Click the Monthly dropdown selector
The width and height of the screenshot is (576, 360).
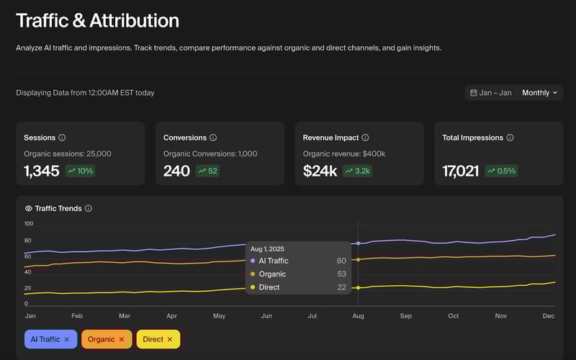[x=540, y=93]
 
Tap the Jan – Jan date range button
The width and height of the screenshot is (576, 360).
[x=491, y=93]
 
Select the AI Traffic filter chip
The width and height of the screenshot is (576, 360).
[x=50, y=339]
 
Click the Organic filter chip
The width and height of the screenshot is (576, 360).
[x=107, y=339]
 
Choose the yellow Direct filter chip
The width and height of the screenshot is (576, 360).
[x=158, y=339]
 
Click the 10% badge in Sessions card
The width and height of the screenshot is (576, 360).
[x=80, y=171]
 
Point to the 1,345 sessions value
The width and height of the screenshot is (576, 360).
[x=41, y=171]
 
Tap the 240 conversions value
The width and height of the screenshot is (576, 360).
[x=176, y=171]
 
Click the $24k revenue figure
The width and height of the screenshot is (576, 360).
[x=320, y=171]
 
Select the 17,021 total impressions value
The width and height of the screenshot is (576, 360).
[x=460, y=171]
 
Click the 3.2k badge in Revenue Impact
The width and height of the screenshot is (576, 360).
[x=358, y=171]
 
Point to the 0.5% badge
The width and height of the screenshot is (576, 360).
[x=502, y=171]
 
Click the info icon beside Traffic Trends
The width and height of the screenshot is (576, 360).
[x=89, y=209]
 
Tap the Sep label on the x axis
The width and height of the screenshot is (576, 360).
[x=406, y=316]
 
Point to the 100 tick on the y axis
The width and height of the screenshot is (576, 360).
[x=29, y=224]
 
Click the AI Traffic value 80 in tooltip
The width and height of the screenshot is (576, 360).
[x=341, y=261]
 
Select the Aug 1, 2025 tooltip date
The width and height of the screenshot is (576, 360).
[x=267, y=249]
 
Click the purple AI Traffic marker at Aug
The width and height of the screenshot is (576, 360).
[x=358, y=243]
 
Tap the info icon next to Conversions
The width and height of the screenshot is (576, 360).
[x=213, y=138]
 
